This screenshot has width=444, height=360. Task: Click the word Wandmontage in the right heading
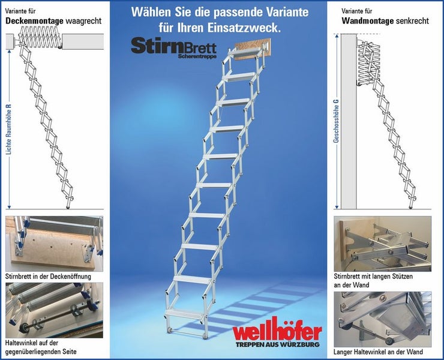pos(367,21)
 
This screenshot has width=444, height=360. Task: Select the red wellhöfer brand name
pos(277,332)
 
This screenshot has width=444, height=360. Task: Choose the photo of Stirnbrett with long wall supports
pos(382,243)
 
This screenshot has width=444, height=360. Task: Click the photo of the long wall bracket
pos(382,318)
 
